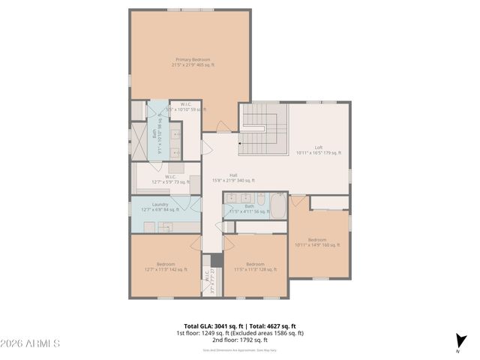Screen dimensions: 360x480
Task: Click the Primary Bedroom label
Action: (193, 62)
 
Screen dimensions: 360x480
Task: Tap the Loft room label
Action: (319, 150)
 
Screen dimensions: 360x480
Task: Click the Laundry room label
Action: (160, 207)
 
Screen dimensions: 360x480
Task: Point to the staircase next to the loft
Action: (263, 129)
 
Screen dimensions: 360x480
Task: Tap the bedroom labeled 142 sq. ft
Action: (166, 266)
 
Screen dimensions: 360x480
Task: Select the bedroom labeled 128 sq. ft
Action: (255, 266)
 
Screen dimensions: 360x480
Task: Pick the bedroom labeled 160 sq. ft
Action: (318, 242)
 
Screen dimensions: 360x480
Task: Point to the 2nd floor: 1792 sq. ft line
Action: (240, 340)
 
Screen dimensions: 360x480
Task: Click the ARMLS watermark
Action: (31, 344)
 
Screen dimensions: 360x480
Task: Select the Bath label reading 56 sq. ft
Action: (249, 209)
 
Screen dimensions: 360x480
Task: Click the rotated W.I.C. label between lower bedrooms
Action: (208, 279)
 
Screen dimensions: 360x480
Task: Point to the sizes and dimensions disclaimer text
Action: (240, 349)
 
